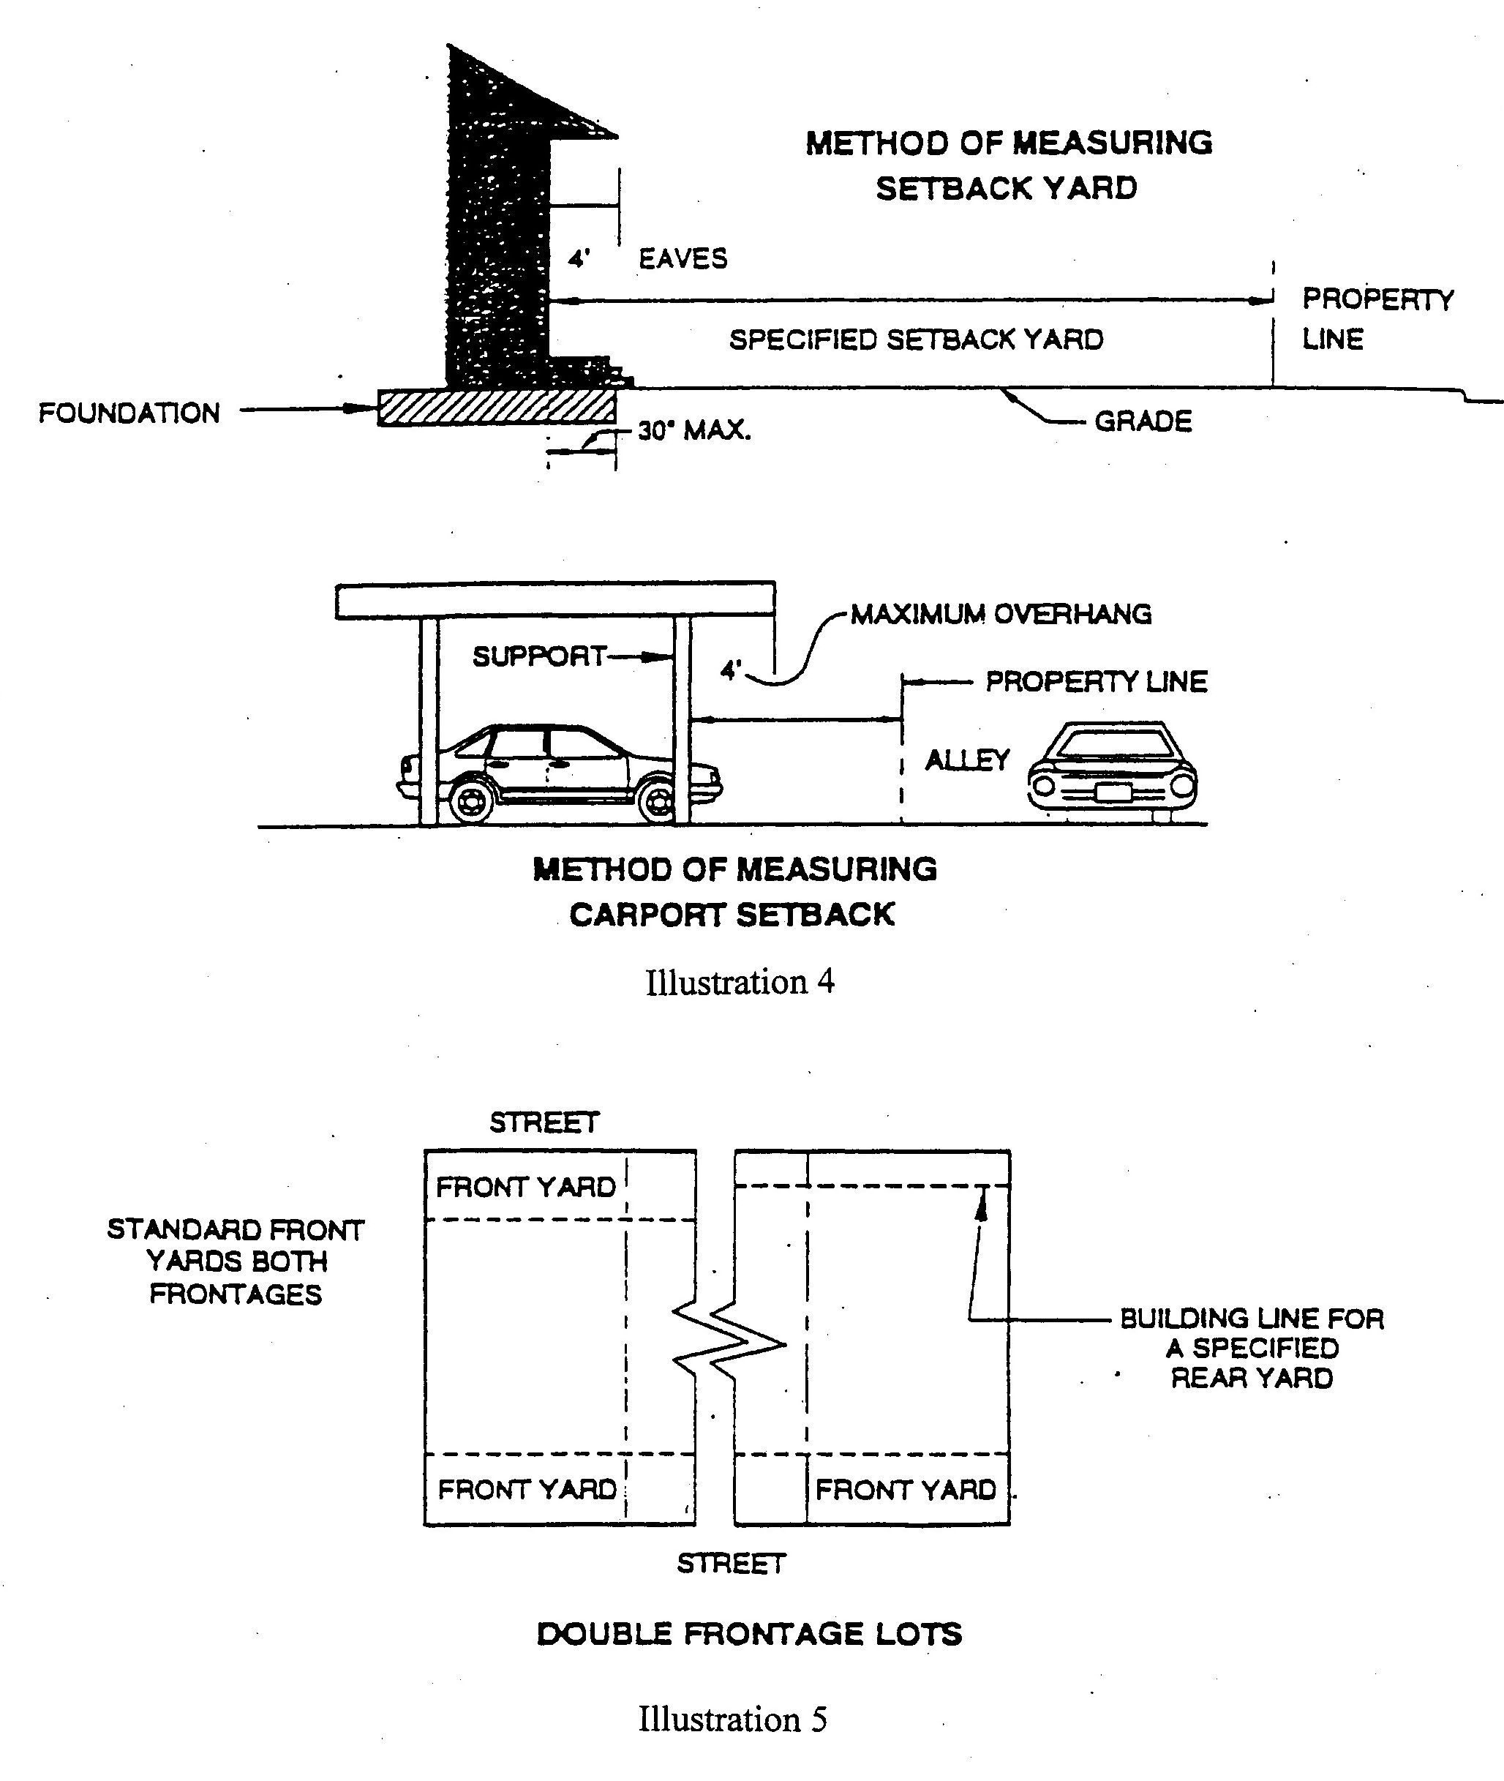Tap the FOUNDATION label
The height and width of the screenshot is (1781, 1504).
[129, 413]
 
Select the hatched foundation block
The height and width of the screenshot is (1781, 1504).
[496, 408]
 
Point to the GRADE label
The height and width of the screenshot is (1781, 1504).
[1143, 421]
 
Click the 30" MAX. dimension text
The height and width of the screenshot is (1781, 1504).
[694, 431]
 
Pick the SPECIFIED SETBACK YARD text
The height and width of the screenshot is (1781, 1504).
[916, 340]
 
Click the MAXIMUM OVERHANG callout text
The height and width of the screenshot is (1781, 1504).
[1001, 614]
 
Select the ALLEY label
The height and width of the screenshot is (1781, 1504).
[967, 760]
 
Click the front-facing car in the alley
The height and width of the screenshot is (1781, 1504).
[1113, 770]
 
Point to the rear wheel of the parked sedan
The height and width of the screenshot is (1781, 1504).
[470, 800]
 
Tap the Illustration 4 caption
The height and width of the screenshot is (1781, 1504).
[740, 982]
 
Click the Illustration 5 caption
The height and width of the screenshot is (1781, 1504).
[732, 1719]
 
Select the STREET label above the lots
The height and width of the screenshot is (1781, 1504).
[544, 1122]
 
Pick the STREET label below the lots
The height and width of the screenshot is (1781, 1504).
[731, 1564]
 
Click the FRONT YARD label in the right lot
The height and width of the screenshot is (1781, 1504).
[906, 1490]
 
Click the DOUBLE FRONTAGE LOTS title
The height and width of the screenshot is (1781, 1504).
[750, 1634]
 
